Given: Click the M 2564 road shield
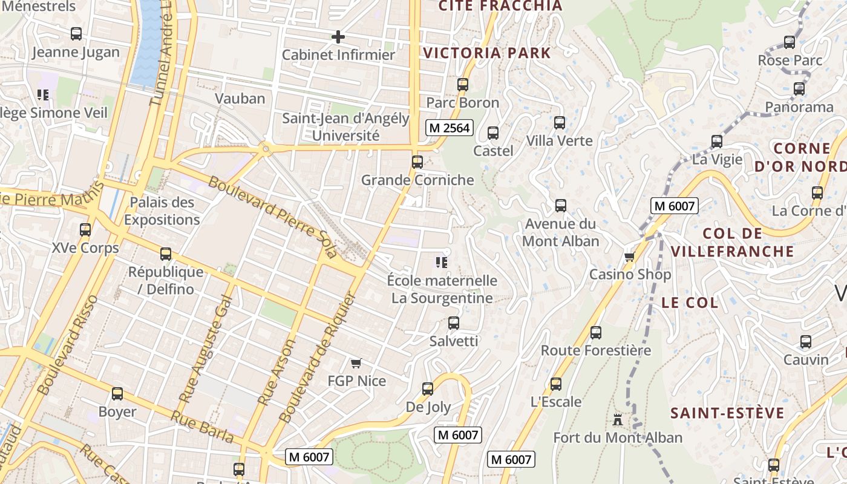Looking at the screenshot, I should tap(449, 128).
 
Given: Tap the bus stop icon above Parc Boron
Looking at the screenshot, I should tap(463, 85).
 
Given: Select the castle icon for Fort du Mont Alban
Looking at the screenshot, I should tap(617, 419).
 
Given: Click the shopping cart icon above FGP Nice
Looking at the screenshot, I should tap(356, 363).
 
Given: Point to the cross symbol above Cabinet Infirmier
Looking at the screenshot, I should tap(338, 37).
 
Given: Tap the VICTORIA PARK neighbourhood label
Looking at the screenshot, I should tap(487, 53).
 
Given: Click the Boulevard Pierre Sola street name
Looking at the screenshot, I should tap(272, 217).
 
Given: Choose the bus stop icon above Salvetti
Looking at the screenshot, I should tap(454, 323).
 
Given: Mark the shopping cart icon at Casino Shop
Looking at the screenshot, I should tap(630, 257).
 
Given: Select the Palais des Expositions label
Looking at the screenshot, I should tap(162, 211).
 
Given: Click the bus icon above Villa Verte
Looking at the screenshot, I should tap(560, 123).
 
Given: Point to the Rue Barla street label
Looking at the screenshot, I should tap(201, 427).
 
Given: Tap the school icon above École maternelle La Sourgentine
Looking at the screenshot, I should tap(442, 263).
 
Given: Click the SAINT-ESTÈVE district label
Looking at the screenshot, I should tap(727, 414).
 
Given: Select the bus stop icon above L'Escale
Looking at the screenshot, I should tap(556, 384).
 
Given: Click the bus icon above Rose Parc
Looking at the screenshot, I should tap(790, 42).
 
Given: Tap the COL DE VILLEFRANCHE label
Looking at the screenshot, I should tap(733, 242).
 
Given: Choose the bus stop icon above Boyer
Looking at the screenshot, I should tap(117, 394).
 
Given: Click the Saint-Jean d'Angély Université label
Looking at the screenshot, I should tap(346, 127).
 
